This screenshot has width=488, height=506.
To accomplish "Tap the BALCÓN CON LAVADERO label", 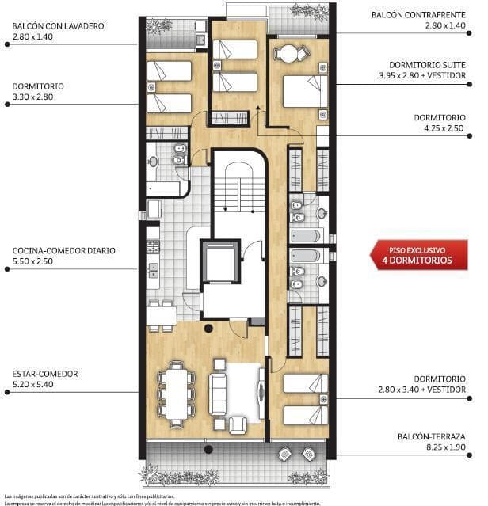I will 58,25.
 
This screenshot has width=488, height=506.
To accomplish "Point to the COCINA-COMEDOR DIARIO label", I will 64,250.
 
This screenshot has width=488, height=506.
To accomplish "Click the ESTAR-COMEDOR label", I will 45,373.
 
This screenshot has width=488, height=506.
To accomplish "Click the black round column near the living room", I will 208,328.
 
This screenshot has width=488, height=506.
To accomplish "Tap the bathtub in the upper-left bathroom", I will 165,189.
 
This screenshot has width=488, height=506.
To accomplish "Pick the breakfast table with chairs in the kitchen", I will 161,316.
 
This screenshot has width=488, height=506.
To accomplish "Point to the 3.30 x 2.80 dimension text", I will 36,97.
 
